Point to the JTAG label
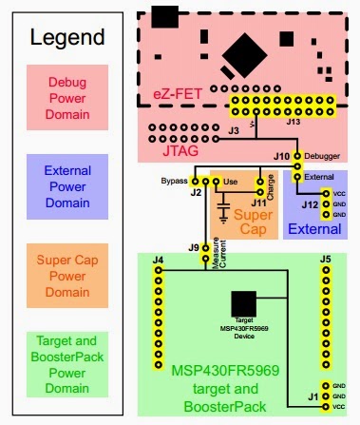(x=181, y=149)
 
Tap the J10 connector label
(x=281, y=155)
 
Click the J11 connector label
(x=256, y=201)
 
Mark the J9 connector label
(x=194, y=248)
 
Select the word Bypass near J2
(x=174, y=179)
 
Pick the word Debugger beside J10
(x=320, y=155)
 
